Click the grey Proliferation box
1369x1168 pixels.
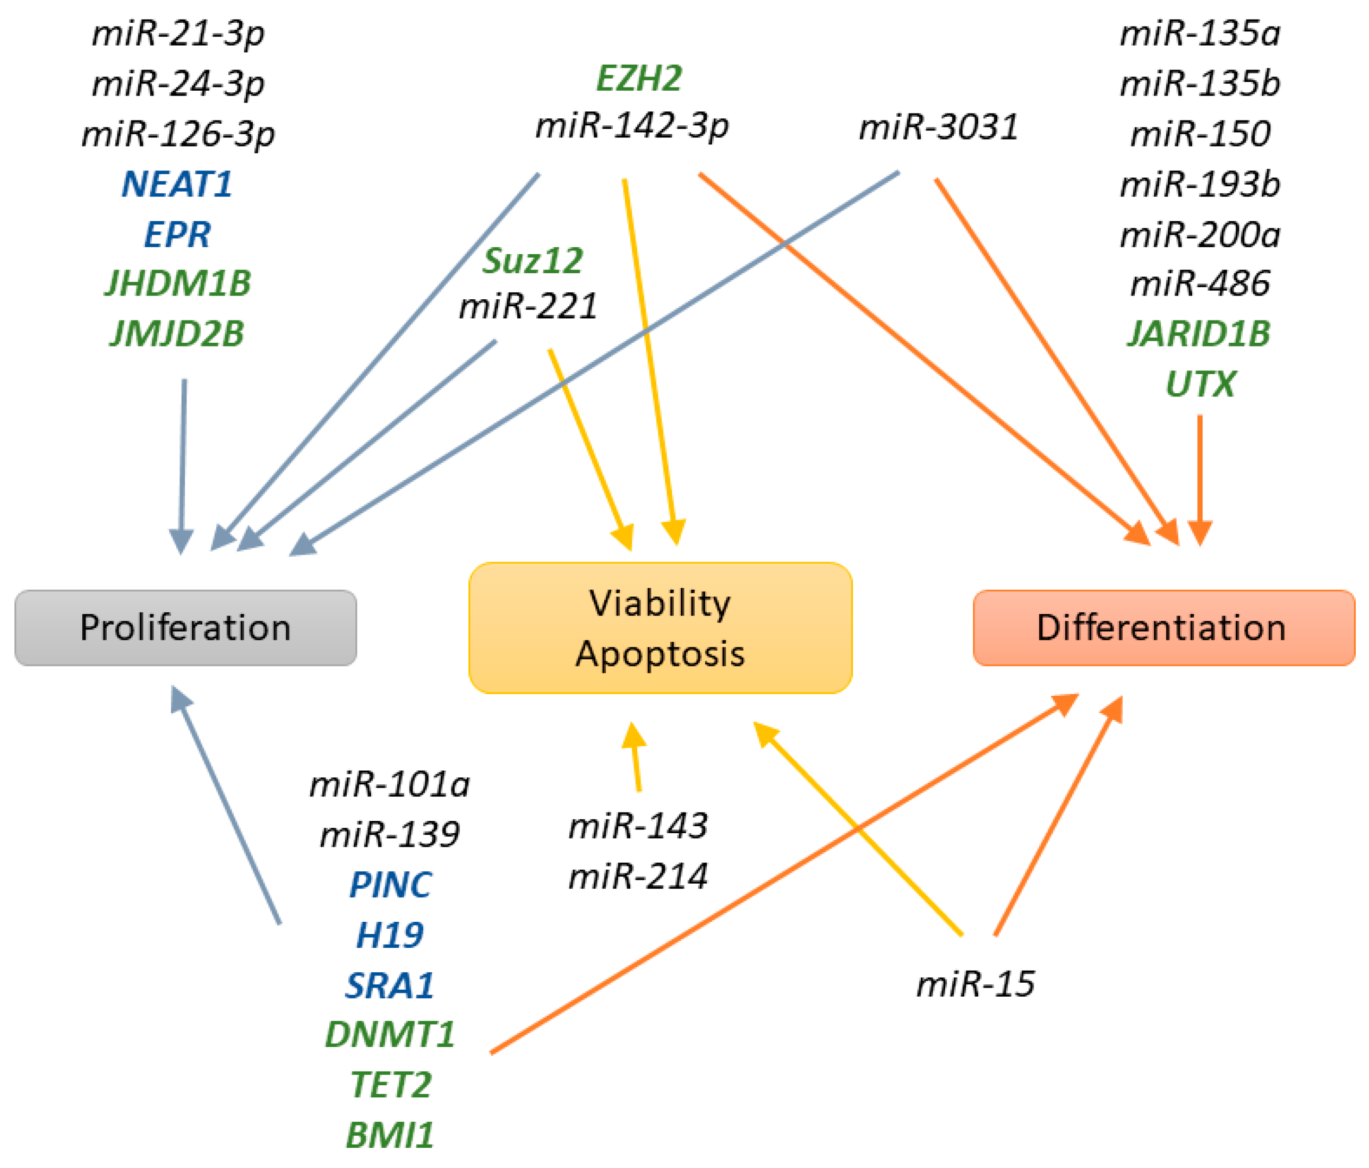186,628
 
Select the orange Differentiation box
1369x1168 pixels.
1163,628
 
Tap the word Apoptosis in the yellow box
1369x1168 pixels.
660,654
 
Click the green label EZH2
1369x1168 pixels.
639,79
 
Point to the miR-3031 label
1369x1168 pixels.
938,127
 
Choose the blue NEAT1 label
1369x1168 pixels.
177,184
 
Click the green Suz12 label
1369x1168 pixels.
533,261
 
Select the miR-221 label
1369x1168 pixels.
528,306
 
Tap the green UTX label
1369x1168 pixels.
1200,384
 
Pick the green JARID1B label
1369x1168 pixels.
1199,333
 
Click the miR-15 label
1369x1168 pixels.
975,984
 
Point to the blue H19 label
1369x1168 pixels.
390,935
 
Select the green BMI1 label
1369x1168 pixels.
390,1136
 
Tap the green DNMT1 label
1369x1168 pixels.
390,1035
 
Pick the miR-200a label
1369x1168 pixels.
1200,235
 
